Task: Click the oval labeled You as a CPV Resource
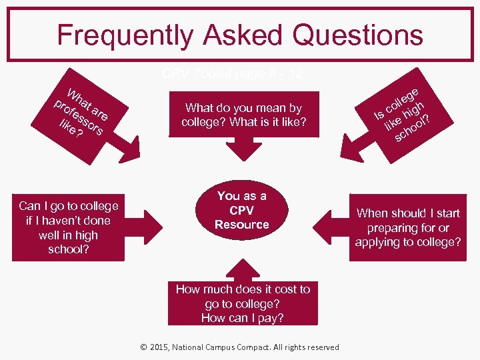(242, 211)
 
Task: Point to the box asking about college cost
(243, 303)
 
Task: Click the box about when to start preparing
(407, 227)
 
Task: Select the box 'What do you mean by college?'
(243, 115)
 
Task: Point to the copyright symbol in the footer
(145, 347)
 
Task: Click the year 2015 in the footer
(161, 347)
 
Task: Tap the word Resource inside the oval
(242, 225)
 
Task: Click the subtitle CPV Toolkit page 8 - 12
(232, 74)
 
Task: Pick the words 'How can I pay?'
(243, 318)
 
